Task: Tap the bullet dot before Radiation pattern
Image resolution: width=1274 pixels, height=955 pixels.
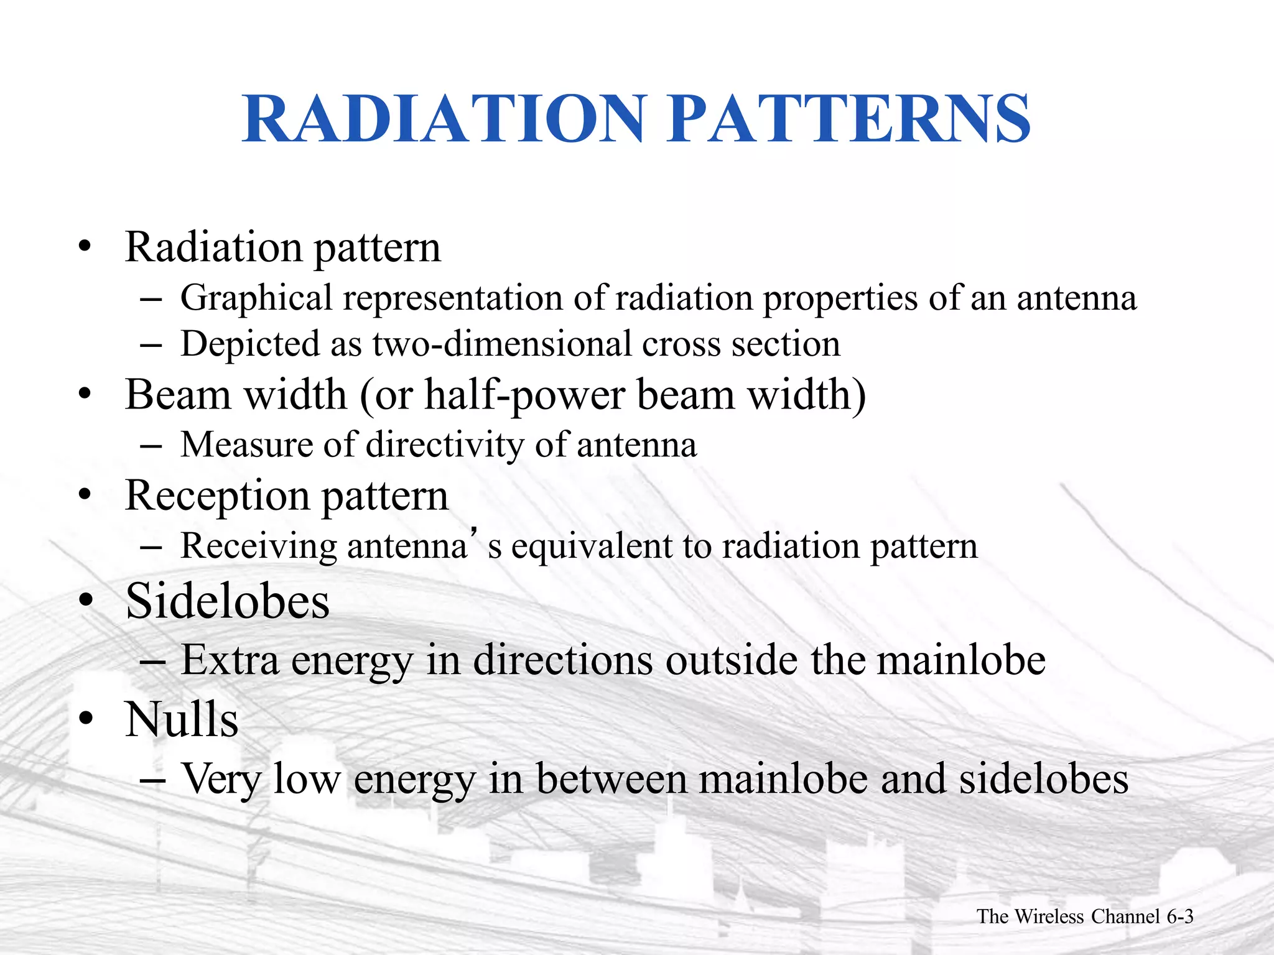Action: click(85, 247)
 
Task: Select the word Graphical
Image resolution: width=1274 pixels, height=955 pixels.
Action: click(256, 298)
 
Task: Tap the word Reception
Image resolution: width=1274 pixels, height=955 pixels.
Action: click(217, 496)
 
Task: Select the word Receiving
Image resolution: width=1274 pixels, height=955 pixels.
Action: click(258, 547)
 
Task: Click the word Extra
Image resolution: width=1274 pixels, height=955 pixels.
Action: click(230, 660)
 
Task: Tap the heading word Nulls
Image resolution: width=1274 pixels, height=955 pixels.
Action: click(182, 719)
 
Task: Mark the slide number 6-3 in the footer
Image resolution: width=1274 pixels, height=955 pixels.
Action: click(1179, 916)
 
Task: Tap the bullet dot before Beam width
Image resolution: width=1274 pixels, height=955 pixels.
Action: click(85, 395)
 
